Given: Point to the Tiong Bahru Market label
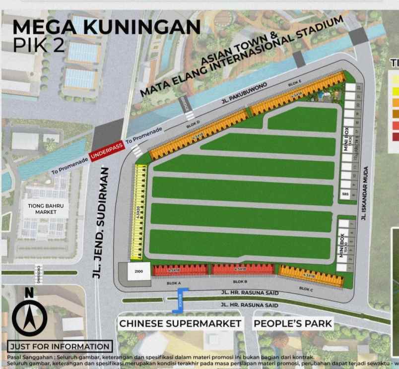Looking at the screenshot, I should coord(46,208).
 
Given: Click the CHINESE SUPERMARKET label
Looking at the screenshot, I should coord(180,324).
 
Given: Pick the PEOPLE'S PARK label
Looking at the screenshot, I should coord(293,324).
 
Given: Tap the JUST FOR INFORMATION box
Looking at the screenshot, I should coord(60,346).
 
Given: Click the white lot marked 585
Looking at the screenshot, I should coord(345,194).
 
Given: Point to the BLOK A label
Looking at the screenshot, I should coord(174,283).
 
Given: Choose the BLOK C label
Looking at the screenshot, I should coord(305,288).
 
